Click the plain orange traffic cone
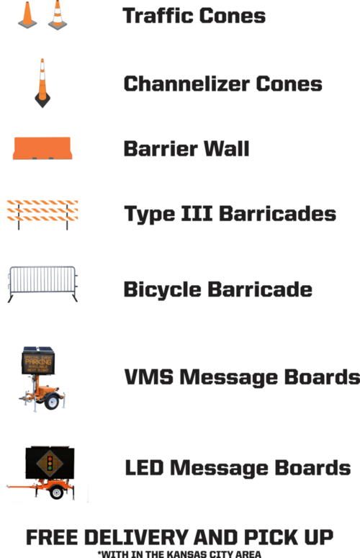click(x=27, y=15)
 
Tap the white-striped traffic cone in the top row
click(x=58, y=16)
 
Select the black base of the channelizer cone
click(x=42, y=100)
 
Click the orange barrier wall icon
click(x=42, y=148)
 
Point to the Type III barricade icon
click(x=42, y=215)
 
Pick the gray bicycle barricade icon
click(x=42, y=284)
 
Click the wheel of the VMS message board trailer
click(x=52, y=402)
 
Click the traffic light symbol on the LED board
click(x=50, y=463)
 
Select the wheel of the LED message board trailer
click(x=57, y=492)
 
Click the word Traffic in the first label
click(x=158, y=16)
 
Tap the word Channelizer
click(x=186, y=84)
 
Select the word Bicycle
click(x=163, y=289)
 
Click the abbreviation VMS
click(x=149, y=377)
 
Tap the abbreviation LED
click(x=144, y=467)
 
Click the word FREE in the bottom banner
click(x=53, y=537)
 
